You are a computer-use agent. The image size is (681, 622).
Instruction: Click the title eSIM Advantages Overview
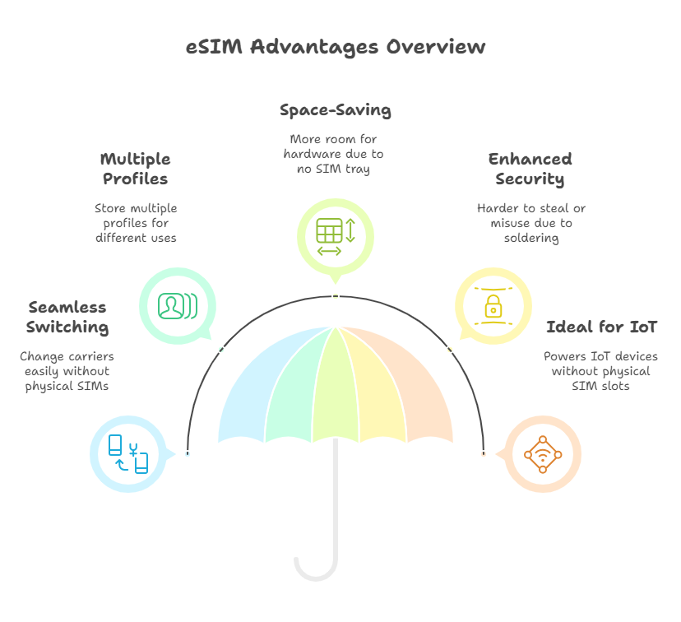pyautogui.click(x=336, y=47)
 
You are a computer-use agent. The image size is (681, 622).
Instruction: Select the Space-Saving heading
pyautogui.click(x=335, y=110)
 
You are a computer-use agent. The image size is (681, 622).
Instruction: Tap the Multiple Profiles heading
pyautogui.click(x=135, y=169)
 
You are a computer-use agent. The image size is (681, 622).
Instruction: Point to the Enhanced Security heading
pyautogui.click(x=530, y=169)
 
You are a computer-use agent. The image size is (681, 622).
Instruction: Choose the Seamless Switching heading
pyautogui.click(x=67, y=317)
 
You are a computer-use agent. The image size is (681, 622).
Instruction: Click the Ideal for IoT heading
pyautogui.click(x=601, y=327)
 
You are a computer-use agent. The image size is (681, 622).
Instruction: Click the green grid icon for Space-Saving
pyautogui.click(x=335, y=230)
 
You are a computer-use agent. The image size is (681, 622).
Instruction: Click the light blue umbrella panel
pyautogui.click(x=247, y=395)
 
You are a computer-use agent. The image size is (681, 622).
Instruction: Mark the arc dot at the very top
pyautogui.click(x=336, y=295)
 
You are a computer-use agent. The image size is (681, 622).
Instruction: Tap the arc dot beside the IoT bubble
pyautogui.click(x=483, y=454)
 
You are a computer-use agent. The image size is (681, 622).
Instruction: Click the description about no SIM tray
pyautogui.click(x=333, y=154)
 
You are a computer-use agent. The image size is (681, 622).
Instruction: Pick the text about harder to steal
pyautogui.click(x=530, y=223)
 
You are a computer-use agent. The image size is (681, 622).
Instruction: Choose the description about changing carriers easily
pyautogui.click(x=67, y=372)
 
